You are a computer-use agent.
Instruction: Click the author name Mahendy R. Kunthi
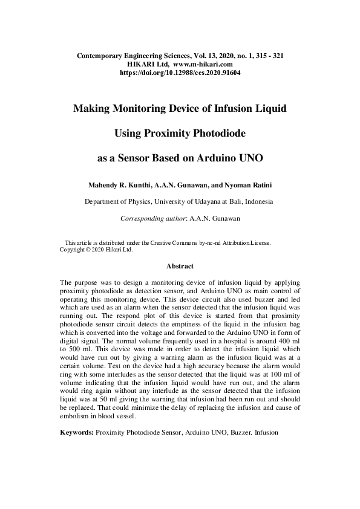tap(117, 183)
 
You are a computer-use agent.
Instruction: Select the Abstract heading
tap(180, 265)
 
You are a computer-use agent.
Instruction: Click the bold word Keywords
tap(76, 433)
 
